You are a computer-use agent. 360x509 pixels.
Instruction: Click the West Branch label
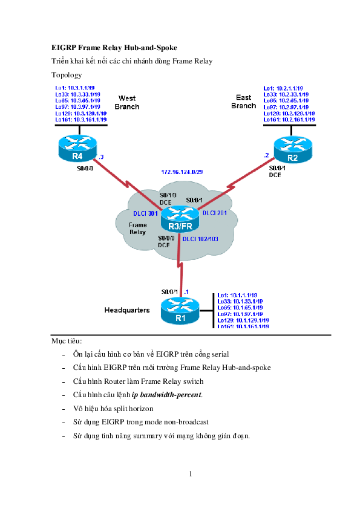127,102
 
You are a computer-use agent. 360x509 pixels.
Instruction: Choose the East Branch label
244,102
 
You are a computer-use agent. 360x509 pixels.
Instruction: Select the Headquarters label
127,310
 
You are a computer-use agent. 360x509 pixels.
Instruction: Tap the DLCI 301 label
146,213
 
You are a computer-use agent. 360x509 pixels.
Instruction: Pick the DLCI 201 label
215,213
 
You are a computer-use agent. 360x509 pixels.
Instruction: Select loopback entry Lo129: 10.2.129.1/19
289,113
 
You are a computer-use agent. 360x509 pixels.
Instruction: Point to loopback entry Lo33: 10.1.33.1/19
240,301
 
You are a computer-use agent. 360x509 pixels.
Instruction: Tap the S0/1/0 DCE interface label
167,198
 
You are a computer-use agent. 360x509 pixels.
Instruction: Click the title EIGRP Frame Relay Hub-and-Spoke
114,47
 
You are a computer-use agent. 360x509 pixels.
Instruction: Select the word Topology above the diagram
67,75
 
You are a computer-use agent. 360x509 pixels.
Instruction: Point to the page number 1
190,473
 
